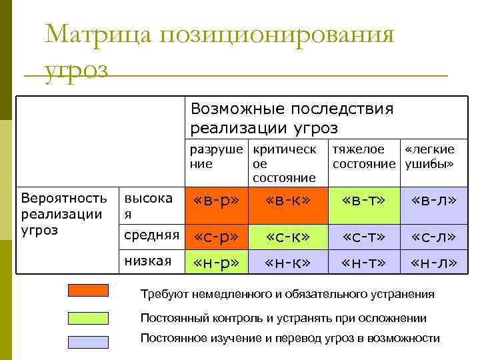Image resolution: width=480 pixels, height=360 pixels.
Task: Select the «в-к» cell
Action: (x=287, y=201)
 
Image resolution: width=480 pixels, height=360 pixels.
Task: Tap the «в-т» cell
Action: (x=363, y=201)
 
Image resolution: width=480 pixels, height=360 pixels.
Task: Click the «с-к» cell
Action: (x=287, y=236)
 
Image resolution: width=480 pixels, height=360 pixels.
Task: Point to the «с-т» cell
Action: (x=363, y=236)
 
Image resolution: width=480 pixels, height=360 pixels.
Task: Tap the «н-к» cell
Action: (x=287, y=262)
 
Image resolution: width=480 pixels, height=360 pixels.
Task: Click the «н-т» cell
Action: (x=363, y=262)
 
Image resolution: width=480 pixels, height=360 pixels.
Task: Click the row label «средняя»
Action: (x=152, y=235)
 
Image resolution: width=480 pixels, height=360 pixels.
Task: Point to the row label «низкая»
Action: (x=148, y=260)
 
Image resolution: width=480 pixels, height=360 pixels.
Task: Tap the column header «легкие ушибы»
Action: (x=431, y=156)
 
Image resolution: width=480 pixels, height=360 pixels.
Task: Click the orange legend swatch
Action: (x=88, y=290)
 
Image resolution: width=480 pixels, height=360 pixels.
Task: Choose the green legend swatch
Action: (x=88, y=317)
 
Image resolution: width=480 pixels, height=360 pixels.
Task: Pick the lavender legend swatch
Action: (x=88, y=341)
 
